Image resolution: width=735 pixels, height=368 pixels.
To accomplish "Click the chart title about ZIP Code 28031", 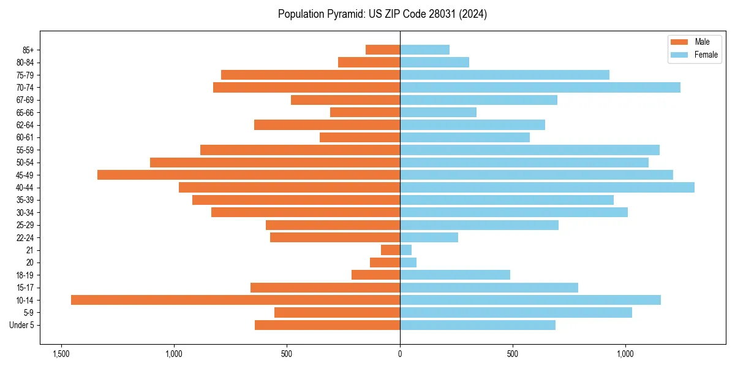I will point(382,14).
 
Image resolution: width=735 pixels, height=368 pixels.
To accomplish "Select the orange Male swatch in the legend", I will point(680,42).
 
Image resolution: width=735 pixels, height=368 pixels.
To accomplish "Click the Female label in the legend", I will point(706,55).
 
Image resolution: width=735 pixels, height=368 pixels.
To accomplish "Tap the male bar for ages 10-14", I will point(235,300).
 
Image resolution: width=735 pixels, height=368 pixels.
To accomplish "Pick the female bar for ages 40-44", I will point(547,187).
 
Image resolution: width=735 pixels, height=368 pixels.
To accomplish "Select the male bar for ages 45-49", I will point(249,175).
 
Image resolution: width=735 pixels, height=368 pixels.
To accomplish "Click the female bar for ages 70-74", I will point(540,87).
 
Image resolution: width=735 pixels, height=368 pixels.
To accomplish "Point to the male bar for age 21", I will point(391,250).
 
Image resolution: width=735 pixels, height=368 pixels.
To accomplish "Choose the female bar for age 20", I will point(408,263).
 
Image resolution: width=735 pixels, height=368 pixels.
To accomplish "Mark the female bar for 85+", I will point(424,50).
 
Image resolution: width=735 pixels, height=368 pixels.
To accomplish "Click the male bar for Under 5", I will point(327,325).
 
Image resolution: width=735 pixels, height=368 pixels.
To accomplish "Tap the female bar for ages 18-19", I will point(455,275).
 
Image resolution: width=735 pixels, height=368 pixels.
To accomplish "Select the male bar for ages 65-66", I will point(365,112).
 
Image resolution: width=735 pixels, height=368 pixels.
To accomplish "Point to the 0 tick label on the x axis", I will point(400,354).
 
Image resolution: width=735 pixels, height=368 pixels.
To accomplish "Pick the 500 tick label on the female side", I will point(513,354).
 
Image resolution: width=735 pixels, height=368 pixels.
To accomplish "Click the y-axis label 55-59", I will point(25,150).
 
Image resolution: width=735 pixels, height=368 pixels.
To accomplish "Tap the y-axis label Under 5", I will point(22,325).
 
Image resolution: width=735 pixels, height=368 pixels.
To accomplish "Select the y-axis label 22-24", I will point(25,237).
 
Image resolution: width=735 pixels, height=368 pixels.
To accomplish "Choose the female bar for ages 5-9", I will point(516,312).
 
